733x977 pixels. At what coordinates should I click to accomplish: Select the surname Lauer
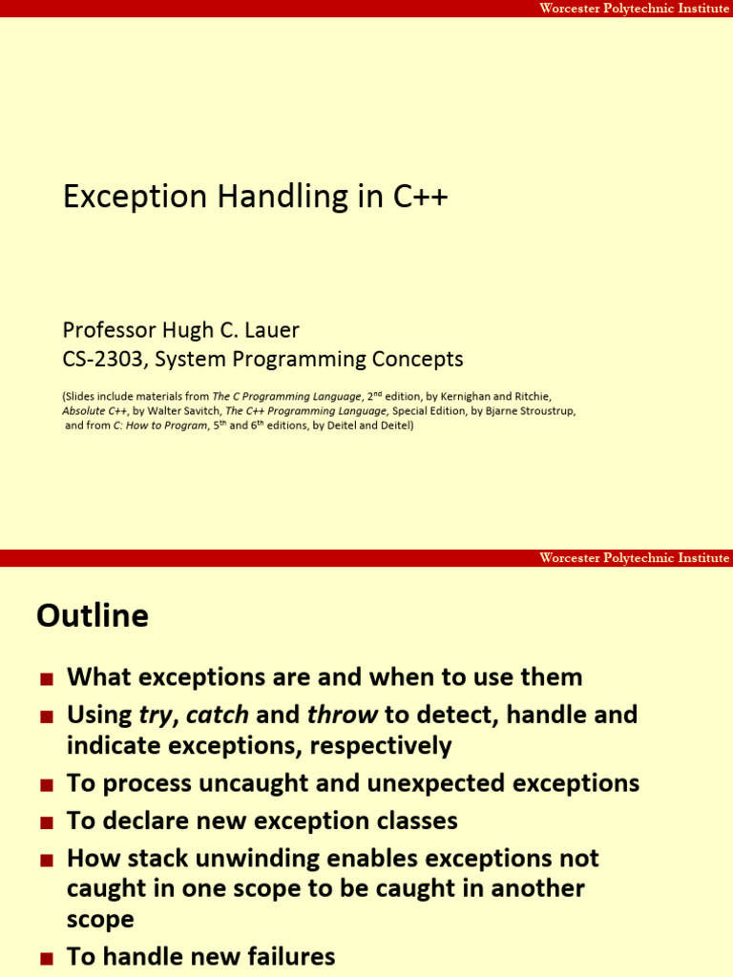click(271, 330)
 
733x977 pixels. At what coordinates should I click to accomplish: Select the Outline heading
click(93, 616)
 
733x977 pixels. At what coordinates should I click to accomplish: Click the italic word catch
click(218, 715)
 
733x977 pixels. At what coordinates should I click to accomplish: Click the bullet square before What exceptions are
click(47, 679)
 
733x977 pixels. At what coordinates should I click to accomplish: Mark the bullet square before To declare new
click(47, 822)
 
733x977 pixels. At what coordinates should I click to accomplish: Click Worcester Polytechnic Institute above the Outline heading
click(634, 558)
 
